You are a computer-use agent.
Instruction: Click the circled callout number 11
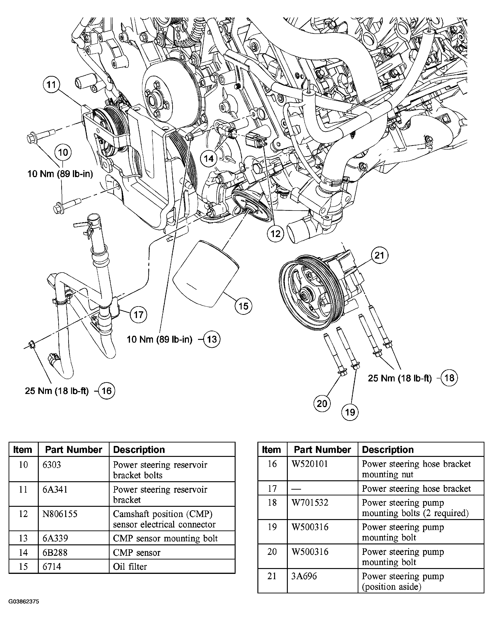pos(51,85)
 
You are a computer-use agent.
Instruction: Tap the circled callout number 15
pos(243,306)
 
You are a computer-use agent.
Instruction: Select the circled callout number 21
pos(379,255)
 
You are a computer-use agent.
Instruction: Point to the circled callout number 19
pos(350,412)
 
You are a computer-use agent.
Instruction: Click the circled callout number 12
pos(276,233)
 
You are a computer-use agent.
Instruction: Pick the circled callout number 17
pos(139,315)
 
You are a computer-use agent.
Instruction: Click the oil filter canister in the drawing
pos(206,274)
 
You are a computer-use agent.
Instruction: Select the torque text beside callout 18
pos(400,378)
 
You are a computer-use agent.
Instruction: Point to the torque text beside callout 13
pos(159,339)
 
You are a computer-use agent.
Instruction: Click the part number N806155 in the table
pos(60,514)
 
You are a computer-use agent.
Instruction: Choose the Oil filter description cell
pos(130,567)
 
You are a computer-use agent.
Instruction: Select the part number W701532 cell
pos(310,503)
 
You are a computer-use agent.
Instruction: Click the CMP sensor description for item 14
pos(136,553)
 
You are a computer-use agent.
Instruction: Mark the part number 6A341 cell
pos(55,489)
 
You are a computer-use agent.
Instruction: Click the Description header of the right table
pos(388,450)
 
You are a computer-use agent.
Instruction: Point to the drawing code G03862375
pos(24,602)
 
